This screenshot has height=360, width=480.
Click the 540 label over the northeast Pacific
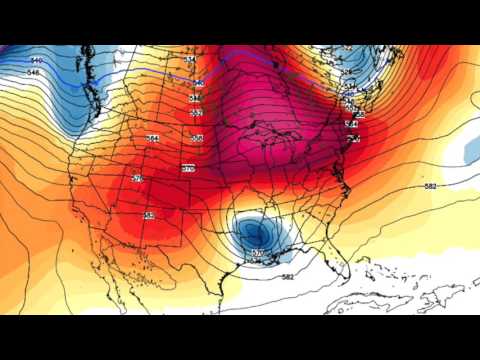pyautogui.click(x=37, y=61)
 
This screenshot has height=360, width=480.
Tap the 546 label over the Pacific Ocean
pyautogui.click(x=34, y=73)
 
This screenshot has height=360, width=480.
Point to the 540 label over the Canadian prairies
pyautogui.click(x=198, y=82)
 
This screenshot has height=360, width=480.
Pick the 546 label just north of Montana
pyautogui.click(x=196, y=98)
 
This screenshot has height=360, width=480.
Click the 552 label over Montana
pyautogui.click(x=195, y=113)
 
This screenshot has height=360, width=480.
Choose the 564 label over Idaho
pyautogui.click(x=153, y=138)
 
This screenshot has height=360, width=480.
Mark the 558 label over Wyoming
pyautogui.click(x=197, y=138)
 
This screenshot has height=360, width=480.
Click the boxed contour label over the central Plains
pyautogui.click(x=188, y=169)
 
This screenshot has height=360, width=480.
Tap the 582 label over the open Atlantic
pyautogui.click(x=431, y=186)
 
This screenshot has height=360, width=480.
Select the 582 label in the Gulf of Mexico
pyautogui.click(x=288, y=276)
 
